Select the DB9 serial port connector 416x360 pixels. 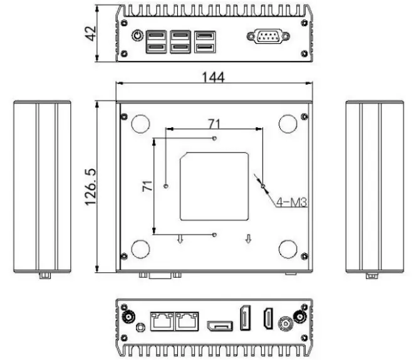268,38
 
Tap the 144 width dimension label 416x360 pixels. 212,77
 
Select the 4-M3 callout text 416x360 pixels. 290,202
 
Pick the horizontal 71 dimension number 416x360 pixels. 214,124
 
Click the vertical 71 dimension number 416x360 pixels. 148,186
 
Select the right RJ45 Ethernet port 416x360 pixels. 187,320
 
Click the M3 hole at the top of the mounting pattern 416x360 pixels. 215,137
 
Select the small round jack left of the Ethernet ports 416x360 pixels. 140,327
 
